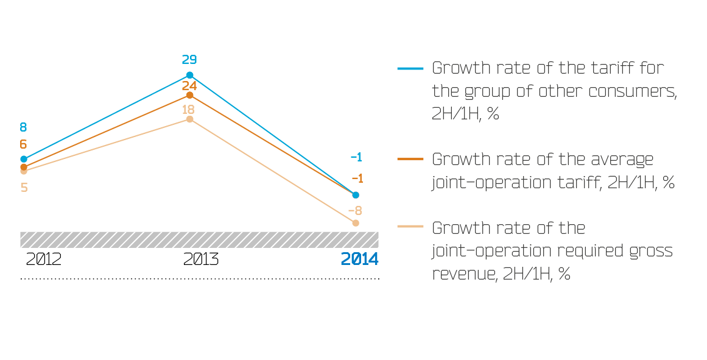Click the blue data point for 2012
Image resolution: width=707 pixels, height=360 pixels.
pos(24,159)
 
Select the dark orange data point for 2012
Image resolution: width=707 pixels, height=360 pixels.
pos(24,167)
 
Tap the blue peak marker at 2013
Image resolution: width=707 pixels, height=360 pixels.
pos(189,75)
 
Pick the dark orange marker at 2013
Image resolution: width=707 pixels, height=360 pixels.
pos(189,95)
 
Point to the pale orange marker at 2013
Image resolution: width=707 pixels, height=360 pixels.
pos(189,119)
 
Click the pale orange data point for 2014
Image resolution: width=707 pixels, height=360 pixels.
pos(356,223)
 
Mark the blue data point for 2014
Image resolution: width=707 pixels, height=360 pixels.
pos(356,195)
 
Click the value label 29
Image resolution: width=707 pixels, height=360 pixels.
pos(189,60)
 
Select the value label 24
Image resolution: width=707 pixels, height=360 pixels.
pos(189,86)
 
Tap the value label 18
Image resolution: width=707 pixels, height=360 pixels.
pos(189,110)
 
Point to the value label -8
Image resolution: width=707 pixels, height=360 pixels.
pos(355,211)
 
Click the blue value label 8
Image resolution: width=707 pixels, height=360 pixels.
pos(24,127)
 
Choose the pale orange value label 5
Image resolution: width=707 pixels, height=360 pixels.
pos(24,187)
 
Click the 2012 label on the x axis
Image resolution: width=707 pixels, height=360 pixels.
pos(43,259)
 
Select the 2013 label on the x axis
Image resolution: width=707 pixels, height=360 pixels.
pos(201,259)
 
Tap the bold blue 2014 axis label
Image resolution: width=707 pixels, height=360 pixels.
pos(359,259)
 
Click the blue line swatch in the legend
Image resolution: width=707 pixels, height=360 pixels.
pos(410,68)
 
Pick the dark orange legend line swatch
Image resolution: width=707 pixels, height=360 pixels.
pos(410,159)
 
